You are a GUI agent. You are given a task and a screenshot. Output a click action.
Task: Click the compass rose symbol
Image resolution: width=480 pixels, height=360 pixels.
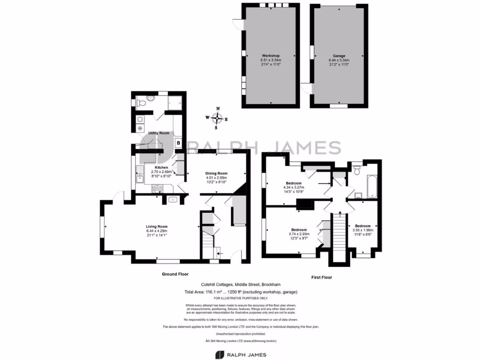click(217, 118)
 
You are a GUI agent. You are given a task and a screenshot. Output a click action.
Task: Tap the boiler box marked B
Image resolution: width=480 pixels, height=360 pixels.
click(178, 143)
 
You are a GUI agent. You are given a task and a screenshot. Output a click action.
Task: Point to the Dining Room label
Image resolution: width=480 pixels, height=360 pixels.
click(216, 173)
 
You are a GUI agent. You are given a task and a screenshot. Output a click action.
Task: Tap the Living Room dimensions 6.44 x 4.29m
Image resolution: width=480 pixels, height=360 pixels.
click(156, 231)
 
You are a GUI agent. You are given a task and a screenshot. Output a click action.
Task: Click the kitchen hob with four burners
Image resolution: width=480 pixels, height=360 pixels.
click(157, 188)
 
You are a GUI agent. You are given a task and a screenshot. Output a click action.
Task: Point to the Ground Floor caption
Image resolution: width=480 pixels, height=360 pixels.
click(175, 274)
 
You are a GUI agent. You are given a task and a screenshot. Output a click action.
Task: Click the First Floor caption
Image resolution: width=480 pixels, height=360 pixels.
click(322, 277)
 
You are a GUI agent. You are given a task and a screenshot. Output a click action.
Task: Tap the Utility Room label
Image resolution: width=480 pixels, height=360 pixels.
click(158, 133)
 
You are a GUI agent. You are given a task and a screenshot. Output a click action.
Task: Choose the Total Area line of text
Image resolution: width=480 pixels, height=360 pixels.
click(241, 292)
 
